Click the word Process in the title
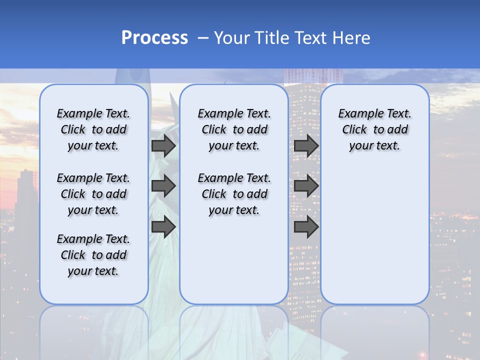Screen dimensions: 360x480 (x=154, y=38)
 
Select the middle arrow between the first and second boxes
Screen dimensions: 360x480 (x=163, y=186)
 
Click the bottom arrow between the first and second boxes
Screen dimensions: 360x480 (x=163, y=227)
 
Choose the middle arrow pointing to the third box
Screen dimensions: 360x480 (x=306, y=186)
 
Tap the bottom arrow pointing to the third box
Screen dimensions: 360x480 (x=306, y=227)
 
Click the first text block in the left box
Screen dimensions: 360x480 (x=93, y=129)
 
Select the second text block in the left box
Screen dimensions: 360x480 (x=93, y=194)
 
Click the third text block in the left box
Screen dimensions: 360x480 (x=93, y=255)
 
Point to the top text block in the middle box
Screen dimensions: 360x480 (x=234, y=129)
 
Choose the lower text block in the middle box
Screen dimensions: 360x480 (x=234, y=194)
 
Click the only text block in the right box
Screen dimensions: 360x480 (x=374, y=129)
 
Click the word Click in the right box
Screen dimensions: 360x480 (x=354, y=130)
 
